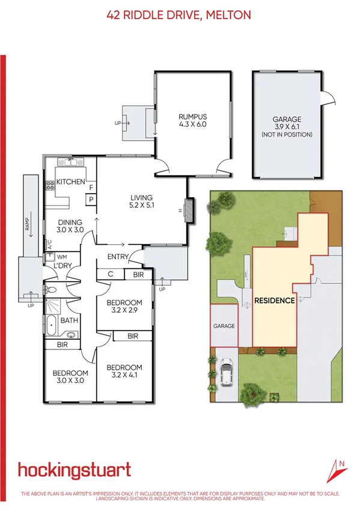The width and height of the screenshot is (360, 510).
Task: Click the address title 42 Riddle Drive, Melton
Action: [x=180, y=14]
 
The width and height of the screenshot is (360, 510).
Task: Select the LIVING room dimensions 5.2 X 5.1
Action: [x=142, y=206]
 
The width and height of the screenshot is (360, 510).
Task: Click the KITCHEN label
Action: [x=71, y=182]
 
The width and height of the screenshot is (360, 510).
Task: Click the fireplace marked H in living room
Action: [x=188, y=210]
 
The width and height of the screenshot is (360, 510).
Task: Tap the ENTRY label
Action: [x=118, y=257]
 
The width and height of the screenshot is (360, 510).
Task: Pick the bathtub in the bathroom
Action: [x=51, y=325]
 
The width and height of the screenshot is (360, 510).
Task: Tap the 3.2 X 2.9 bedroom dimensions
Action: [x=124, y=311]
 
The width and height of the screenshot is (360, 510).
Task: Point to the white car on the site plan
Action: [x=227, y=372]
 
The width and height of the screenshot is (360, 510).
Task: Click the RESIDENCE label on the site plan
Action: [x=274, y=301]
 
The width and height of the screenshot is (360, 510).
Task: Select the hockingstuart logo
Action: [x=74, y=469]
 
